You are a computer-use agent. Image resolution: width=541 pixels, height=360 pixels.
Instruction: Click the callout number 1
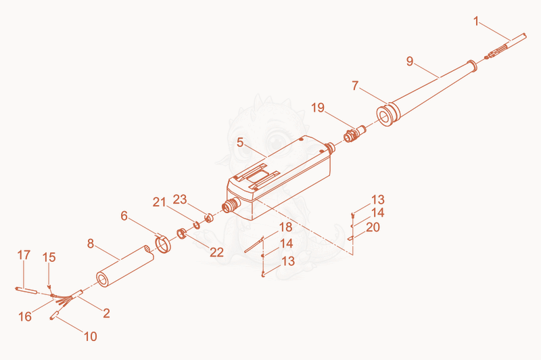pyautogui.click(x=476, y=22)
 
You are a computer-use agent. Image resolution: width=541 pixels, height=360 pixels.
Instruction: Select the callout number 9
pyautogui.click(x=410, y=61)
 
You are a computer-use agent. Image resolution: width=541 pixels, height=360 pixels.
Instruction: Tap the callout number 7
pyautogui.click(x=356, y=85)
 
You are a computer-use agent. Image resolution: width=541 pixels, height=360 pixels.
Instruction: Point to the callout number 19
pyautogui.click(x=318, y=108)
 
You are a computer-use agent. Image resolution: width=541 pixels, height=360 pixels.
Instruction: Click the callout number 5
pyautogui.click(x=241, y=142)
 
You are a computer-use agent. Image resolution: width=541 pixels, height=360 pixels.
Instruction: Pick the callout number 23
pyautogui.click(x=180, y=199)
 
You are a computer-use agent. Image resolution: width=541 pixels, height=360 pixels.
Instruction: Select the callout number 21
pyautogui.click(x=160, y=202)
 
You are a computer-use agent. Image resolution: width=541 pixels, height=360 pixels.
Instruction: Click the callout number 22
pyautogui.click(x=216, y=252)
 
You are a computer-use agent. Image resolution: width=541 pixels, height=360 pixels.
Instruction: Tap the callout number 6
pyautogui.click(x=124, y=216)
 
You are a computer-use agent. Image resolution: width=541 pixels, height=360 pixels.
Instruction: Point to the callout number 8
pyautogui.click(x=91, y=244)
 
